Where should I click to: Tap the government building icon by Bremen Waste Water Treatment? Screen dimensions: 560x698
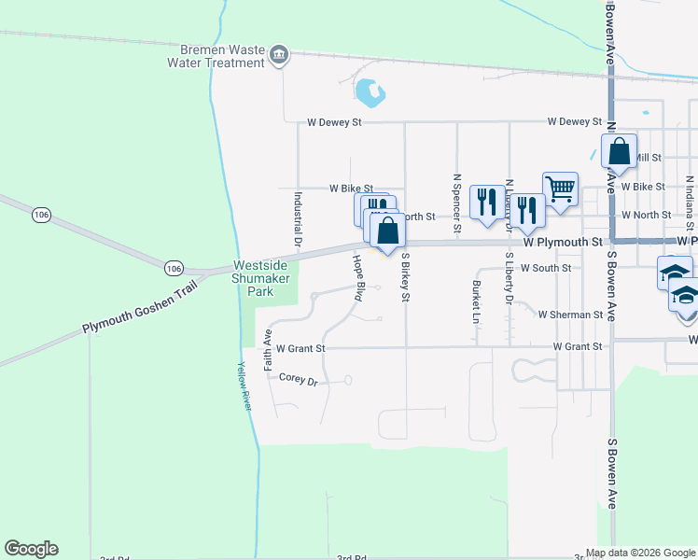coord(278,57)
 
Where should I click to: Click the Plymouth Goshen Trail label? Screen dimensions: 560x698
coord(139,315)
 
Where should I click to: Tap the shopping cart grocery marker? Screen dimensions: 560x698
coord(560,189)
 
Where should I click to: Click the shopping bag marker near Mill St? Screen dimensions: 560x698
coord(620,150)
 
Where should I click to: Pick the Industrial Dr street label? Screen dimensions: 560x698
coord(298,222)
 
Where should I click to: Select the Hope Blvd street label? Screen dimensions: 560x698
coord(357,277)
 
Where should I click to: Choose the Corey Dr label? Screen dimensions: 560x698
coord(299,378)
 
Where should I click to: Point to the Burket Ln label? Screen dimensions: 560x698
coord(476,301)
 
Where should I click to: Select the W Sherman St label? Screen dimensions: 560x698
coord(569,315)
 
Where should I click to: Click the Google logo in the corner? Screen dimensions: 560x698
coord(31,549)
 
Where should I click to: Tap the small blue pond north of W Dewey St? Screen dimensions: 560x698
coord(370,91)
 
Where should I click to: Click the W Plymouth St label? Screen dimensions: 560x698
coord(560,242)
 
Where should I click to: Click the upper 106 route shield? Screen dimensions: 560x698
coord(40,215)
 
